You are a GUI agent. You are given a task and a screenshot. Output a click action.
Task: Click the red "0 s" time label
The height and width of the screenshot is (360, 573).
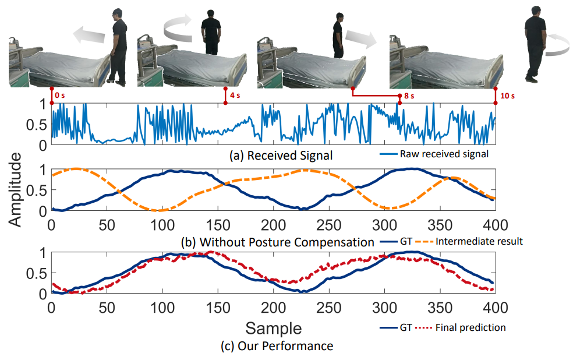click(59, 96)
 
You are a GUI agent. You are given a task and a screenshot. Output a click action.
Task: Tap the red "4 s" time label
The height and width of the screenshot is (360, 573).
click(235, 96)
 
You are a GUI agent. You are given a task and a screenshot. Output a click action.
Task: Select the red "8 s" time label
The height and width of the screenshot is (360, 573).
click(409, 96)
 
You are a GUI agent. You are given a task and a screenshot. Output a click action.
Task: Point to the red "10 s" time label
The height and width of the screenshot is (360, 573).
click(508, 96)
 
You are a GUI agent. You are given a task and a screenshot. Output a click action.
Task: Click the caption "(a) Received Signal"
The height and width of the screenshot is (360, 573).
click(281, 156)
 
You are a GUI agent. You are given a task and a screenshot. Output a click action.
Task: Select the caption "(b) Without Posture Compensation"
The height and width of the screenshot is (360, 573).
click(277, 242)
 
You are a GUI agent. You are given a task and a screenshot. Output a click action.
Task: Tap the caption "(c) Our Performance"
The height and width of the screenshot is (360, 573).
click(277, 346)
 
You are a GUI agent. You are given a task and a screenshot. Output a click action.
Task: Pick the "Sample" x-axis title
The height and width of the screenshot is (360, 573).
click(273, 328)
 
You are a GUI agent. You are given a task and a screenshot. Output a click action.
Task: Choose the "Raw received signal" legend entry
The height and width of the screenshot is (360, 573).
click(444, 154)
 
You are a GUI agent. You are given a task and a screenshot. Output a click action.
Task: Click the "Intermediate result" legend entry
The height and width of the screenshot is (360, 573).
click(479, 242)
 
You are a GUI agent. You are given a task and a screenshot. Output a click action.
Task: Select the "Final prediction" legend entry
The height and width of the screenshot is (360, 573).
click(471, 327)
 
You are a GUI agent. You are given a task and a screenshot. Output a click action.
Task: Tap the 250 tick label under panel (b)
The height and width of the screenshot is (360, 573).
click(329, 225)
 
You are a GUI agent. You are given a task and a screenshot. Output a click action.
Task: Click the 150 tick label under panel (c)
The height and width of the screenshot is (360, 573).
click(218, 308)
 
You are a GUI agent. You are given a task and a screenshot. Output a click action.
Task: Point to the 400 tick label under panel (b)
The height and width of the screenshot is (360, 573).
click(495, 225)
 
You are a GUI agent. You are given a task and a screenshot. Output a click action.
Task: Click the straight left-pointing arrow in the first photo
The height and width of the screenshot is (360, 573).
click(89, 36)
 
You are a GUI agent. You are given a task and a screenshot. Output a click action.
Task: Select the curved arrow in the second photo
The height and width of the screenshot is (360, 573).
click(178, 27)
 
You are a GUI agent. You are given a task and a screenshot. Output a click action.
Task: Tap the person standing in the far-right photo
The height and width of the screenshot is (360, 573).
click(535, 44)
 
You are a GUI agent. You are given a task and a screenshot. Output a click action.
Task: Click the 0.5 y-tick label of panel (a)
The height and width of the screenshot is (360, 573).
click(37, 125)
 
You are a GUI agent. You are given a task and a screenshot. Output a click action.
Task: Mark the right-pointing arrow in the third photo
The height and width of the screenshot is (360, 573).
click(361, 39)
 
